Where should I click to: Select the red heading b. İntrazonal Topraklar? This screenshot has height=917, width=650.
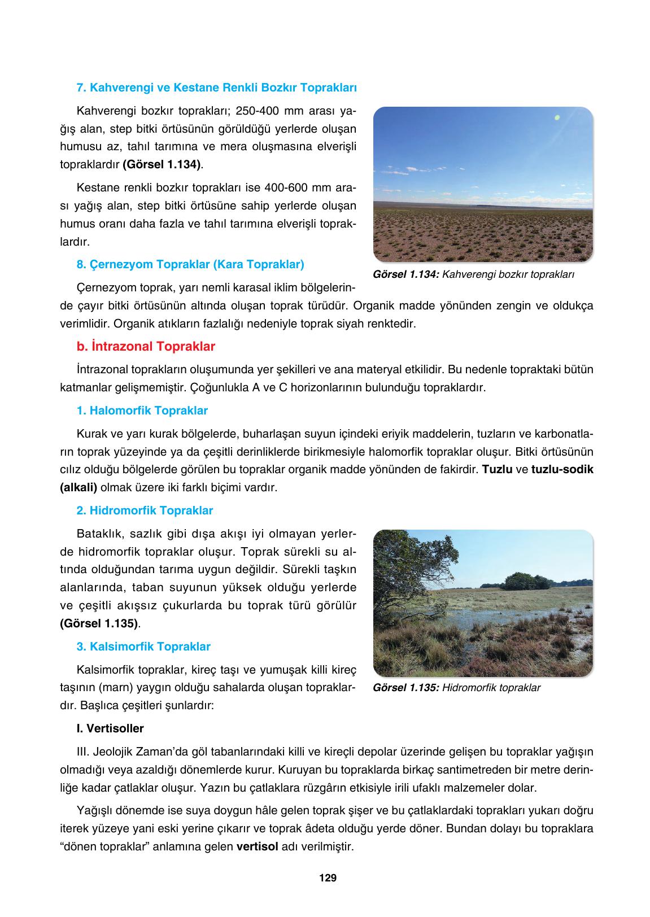point(146,346)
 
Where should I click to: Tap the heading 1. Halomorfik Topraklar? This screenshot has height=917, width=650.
point(142,411)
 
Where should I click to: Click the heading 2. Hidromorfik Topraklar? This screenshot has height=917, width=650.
point(145,510)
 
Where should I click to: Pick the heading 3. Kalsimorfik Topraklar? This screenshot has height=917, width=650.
point(143,647)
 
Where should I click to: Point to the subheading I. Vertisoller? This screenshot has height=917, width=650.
point(110,728)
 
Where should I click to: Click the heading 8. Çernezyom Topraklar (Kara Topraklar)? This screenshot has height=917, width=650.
point(190,264)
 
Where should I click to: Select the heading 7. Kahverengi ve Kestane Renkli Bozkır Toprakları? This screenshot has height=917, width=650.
point(216,88)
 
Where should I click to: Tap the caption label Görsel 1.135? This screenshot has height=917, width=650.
point(406,688)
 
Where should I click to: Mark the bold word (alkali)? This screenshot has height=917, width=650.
point(78,487)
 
